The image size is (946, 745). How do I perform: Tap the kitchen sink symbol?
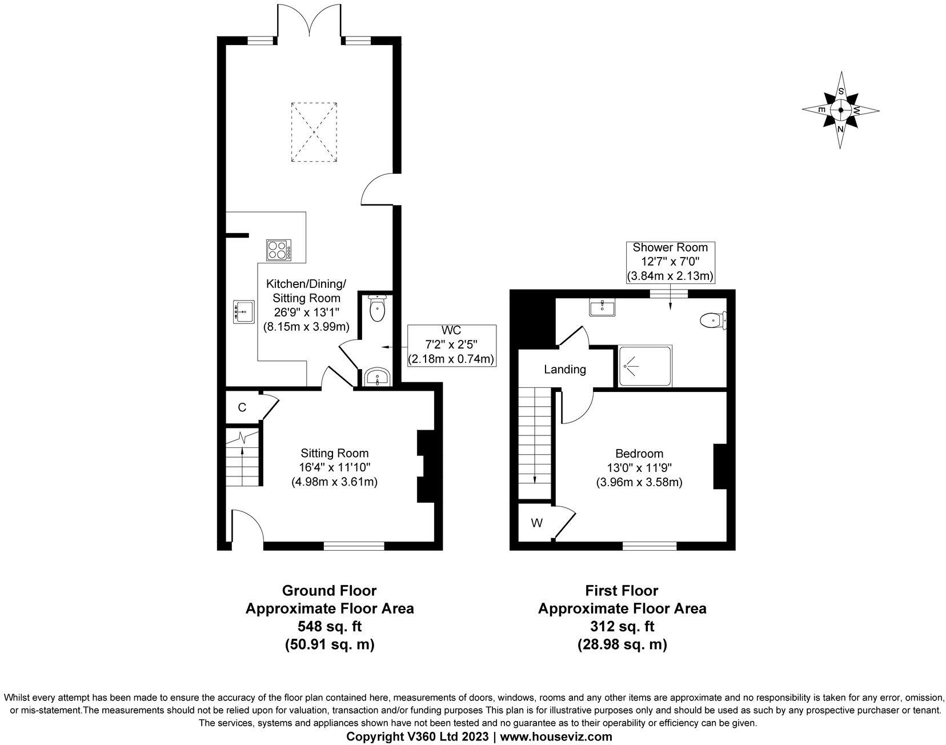click(x=243, y=312)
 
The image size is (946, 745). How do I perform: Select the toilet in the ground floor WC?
click(x=378, y=309)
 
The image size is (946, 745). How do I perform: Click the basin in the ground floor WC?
click(x=378, y=377)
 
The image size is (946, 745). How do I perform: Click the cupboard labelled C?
click(x=242, y=407)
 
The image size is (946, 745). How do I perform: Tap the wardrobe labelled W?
click(x=536, y=523)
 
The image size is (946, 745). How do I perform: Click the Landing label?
click(x=564, y=369)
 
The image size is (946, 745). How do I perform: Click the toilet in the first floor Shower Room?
click(x=713, y=321)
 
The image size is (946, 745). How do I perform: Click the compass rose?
click(x=840, y=110)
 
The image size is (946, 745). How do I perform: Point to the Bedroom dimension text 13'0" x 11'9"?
click(x=639, y=467)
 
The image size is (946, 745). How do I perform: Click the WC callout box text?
click(x=451, y=345)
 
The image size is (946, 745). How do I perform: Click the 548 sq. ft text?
click(x=329, y=627)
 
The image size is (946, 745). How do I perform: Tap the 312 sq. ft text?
click(x=622, y=627)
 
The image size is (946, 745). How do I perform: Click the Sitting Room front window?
click(x=354, y=546)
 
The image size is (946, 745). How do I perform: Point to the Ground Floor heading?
click(x=329, y=590)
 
